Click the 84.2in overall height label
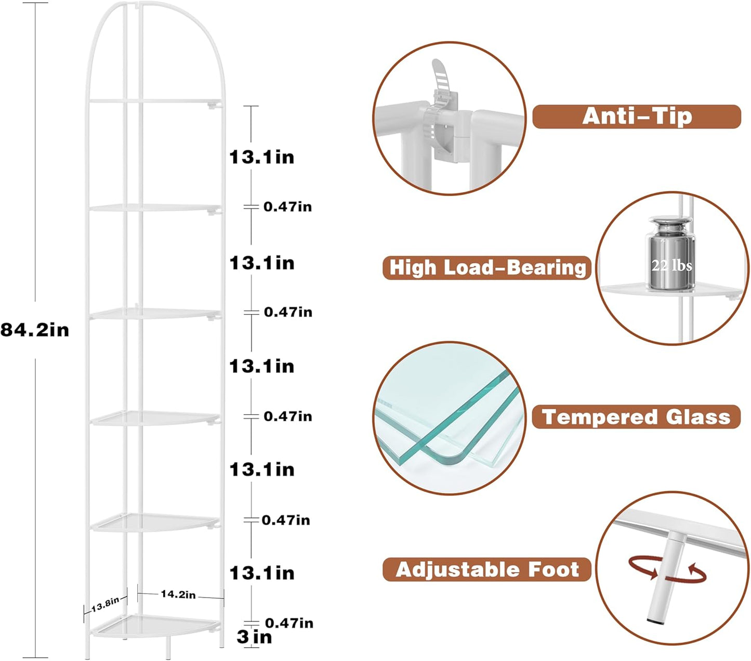pyautogui.click(x=35, y=330)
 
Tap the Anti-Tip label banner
pyautogui.click(x=637, y=116)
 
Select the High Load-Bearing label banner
pyautogui.click(x=487, y=268)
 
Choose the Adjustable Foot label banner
pyautogui.click(x=487, y=569)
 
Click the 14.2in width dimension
pyautogui.click(x=178, y=594)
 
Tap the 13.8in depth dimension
pyautogui.click(x=105, y=605)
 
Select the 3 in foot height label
pyautogui.click(x=254, y=637)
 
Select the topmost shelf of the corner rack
pyautogui.click(x=156, y=100)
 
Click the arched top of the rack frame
pyautogui.click(x=156, y=16)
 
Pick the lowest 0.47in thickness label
pyautogui.click(x=289, y=623)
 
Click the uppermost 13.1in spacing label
pyautogui.click(x=262, y=157)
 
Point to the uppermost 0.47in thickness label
pyautogui.click(x=287, y=206)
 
